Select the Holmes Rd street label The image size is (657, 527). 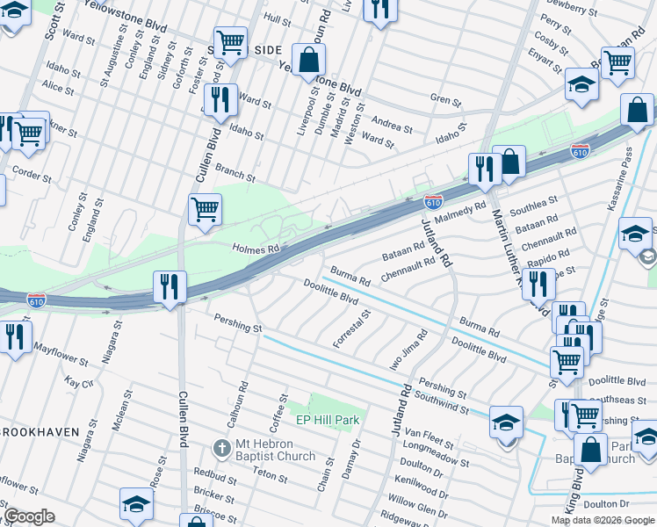(x=255, y=249)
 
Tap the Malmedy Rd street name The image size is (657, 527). (x=462, y=213)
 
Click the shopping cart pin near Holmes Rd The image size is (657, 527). (x=205, y=211)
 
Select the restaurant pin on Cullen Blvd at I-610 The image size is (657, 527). (x=170, y=286)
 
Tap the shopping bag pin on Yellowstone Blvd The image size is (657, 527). (x=308, y=61)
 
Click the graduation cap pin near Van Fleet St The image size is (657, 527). (x=507, y=422)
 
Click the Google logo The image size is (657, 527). (x=30, y=516)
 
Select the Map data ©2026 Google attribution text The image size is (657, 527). (x=603, y=520)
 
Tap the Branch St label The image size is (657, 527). (x=235, y=173)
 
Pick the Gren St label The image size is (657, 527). (x=445, y=100)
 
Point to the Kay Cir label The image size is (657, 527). (x=79, y=383)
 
